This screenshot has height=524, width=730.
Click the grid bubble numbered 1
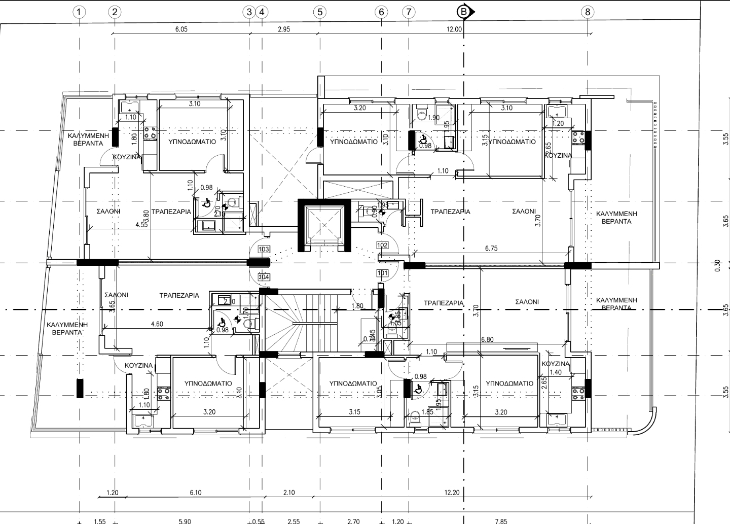pyautogui.click(x=79, y=12)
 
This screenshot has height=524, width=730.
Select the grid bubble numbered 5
pyautogui.click(x=319, y=12)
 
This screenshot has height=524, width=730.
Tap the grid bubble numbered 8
pyautogui.click(x=588, y=12)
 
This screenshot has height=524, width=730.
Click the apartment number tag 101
pyautogui.click(x=383, y=273)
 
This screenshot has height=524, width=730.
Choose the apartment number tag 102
pyautogui.click(x=383, y=246)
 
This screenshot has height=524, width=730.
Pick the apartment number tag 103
pyautogui.click(x=264, y=249)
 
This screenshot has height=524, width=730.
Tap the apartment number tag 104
pyautogui.click(x=264, y=277)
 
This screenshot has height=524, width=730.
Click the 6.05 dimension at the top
pyautogui.click(x=181, y=29)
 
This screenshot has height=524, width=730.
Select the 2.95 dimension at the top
pyautogui.click(x=284, y=29)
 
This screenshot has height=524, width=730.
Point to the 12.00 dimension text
pyautogui.click(x=454, y=29)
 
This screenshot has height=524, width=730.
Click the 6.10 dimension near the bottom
pyautogui.click(x=195, y=493)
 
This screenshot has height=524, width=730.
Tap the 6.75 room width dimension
pyautogui.click(x=491, y=249)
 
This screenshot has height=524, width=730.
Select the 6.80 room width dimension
pyautogui.click(x=487, y=340)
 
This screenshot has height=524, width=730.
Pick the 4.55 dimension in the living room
pyautogui.click(x=141, y=225)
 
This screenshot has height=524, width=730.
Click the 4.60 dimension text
pyautogui.click(x=157, y=324)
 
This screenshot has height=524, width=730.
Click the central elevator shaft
pyautogui.click(x=324, y=225)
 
